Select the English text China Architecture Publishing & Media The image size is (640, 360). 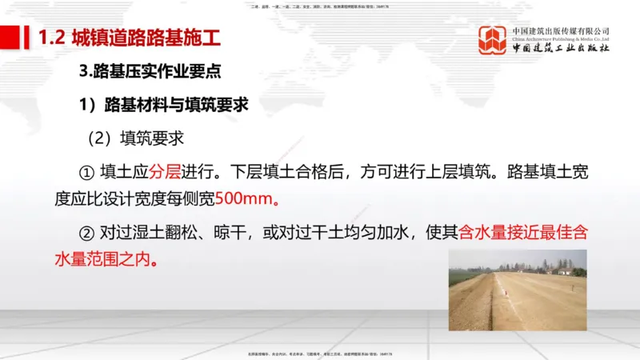[x=561, y=38]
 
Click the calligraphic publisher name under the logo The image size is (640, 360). [x=561, y=49]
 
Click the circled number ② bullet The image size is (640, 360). [x=86, y=233]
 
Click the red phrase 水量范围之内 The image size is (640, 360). [x=104, y=259]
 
